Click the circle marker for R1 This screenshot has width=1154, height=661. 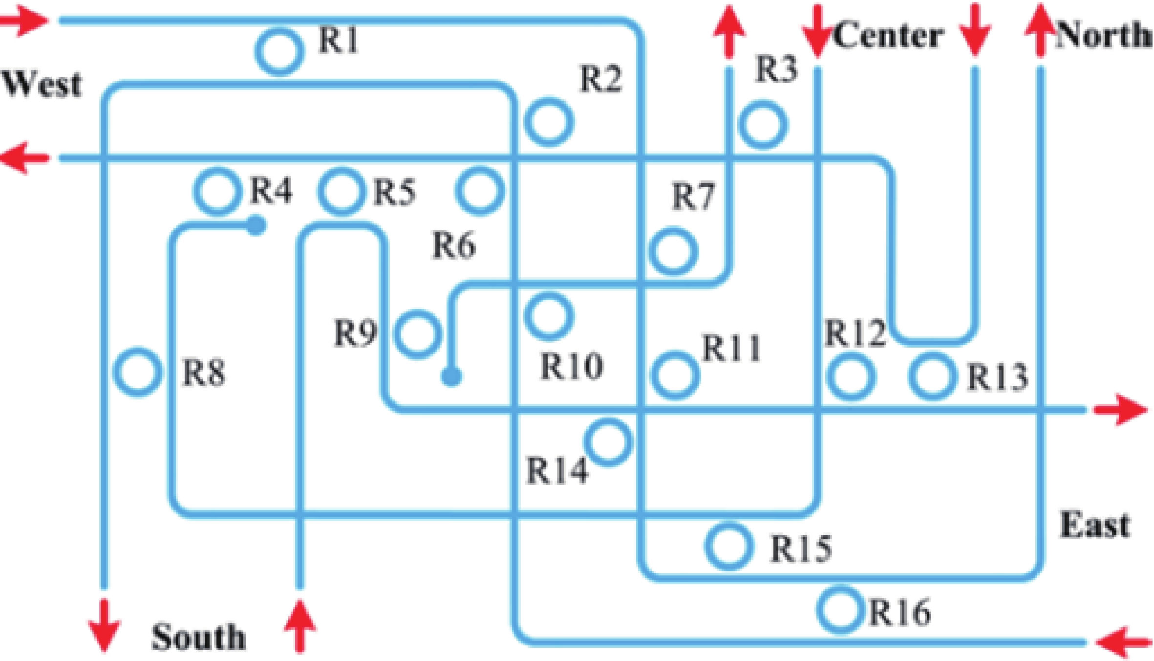pos(279,51)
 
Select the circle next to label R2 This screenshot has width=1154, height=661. pos(549,122)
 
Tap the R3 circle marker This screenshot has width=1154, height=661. pos(763,125)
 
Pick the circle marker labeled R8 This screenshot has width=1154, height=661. pos(138,373)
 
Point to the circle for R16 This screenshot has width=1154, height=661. pos(839,609)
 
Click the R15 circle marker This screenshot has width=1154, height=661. pos(728,546)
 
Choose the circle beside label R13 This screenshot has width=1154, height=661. pos(932,376)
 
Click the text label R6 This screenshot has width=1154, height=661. pos(454,245)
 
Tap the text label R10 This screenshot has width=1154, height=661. pos(572,366)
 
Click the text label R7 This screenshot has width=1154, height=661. pos(694,197)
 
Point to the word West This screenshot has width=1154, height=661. pos(42,85)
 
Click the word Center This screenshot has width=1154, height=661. pos(888,35)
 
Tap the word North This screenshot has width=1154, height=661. pos(1103,35)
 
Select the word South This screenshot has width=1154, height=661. pos(198,637)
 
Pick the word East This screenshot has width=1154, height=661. pos(1095,526)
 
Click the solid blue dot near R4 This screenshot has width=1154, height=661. pos(256,226)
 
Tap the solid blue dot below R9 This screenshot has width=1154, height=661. pos(451,376)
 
